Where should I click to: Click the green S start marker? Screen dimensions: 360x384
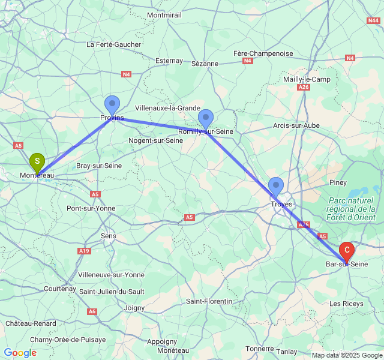coord(37,161)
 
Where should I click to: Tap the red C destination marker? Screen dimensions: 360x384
coord(347,250)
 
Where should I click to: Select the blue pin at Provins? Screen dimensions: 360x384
coord(112,105)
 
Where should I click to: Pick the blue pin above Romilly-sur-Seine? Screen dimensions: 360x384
coord(206,119)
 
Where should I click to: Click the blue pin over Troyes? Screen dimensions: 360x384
coord(276,187)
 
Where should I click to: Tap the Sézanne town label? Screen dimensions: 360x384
coord(205,63)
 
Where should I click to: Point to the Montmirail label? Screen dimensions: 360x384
coord(164,14)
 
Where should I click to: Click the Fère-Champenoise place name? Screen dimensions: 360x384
coord(263,53)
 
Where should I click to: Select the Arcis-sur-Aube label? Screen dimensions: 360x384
coord(296,125)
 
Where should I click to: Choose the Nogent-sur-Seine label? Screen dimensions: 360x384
coord(156,140)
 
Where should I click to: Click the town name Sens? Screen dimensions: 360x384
coord(109,236)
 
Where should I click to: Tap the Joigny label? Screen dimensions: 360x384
coord(134,308)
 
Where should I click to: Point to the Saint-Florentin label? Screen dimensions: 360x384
coord(209,301)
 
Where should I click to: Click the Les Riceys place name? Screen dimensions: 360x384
coord(346,304)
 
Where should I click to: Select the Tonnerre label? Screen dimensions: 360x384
coord(259,348)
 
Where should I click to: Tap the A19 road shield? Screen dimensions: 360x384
coord(84,251)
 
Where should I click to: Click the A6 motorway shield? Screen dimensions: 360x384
coord(92,311)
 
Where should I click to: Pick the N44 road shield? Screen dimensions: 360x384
coord(373,20)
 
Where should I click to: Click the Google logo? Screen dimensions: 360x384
coord(20,353)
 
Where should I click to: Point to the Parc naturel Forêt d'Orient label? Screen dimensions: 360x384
coord(352,209)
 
